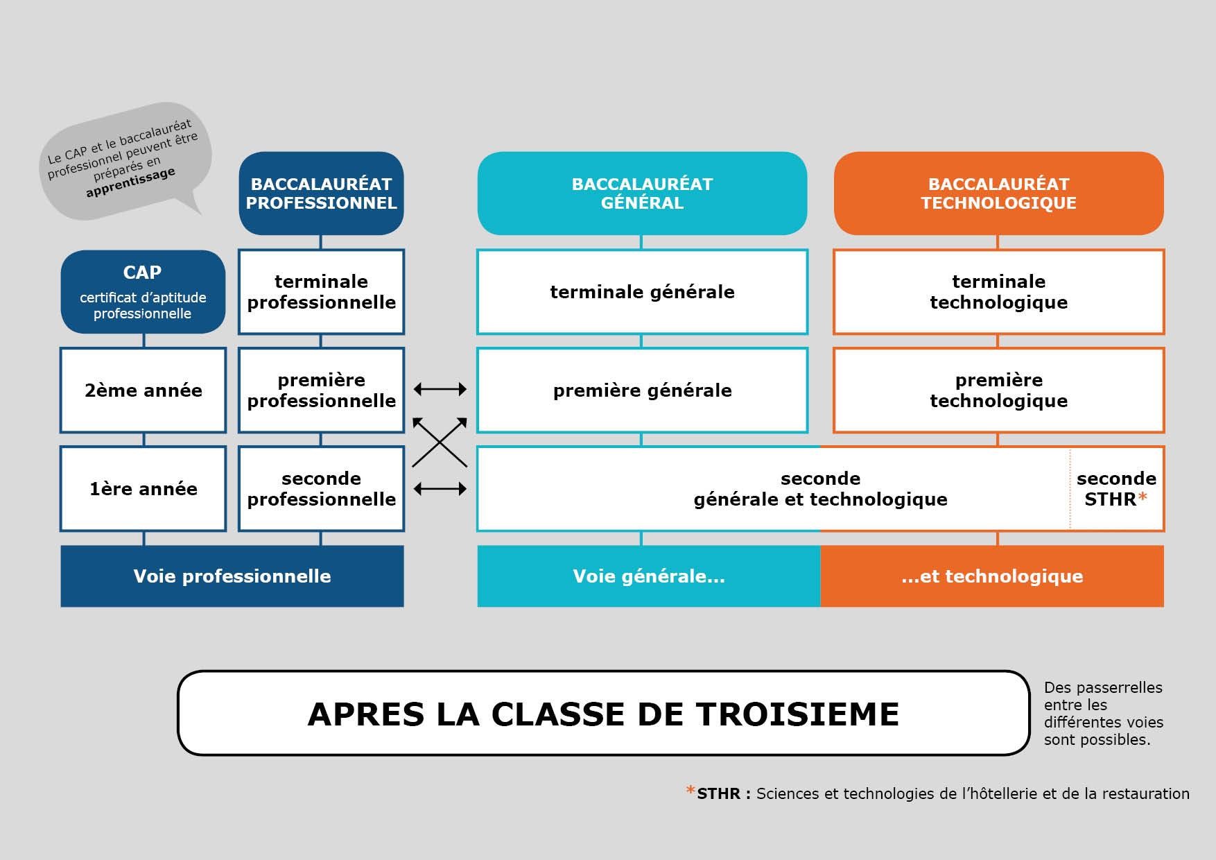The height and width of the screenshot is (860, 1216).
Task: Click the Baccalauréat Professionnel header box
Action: click(x=321, y=193)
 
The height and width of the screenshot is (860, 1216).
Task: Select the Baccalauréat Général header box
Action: click(x=642, y=193)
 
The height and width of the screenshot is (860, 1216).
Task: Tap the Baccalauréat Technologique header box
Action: click(x=998, y=193)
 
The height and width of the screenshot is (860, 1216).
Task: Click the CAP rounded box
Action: click(x=143, y=291)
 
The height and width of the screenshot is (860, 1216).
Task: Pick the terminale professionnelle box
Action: click(x=321, y=292)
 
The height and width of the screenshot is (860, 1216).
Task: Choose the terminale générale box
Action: click(x=642, y=292)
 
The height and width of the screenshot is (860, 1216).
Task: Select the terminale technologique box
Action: click(x=998, y=292)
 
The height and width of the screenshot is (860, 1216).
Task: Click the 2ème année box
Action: click(x=143, y=390)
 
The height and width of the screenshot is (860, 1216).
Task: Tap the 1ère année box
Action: click(x=143, y=489)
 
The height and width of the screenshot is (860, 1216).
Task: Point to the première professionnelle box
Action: click(x=321, y=390)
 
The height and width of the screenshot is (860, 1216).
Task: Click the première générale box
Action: click(x=642, y=390)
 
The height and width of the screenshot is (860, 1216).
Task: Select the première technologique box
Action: click(x=998, y=390)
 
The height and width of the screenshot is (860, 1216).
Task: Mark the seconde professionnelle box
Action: click(x=321, y=489)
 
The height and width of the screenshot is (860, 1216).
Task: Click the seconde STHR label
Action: click(x=1116, y=489)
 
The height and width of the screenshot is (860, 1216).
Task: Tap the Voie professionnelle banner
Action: click(x=232, y=576)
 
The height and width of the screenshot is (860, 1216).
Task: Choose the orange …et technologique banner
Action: click(x=992, y=576)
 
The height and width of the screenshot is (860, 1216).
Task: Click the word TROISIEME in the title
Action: click(x=797, y=714)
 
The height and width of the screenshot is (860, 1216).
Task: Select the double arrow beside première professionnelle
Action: click(x=440, y=390)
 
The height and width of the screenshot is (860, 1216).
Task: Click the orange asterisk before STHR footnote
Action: click(x=690, y=791)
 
